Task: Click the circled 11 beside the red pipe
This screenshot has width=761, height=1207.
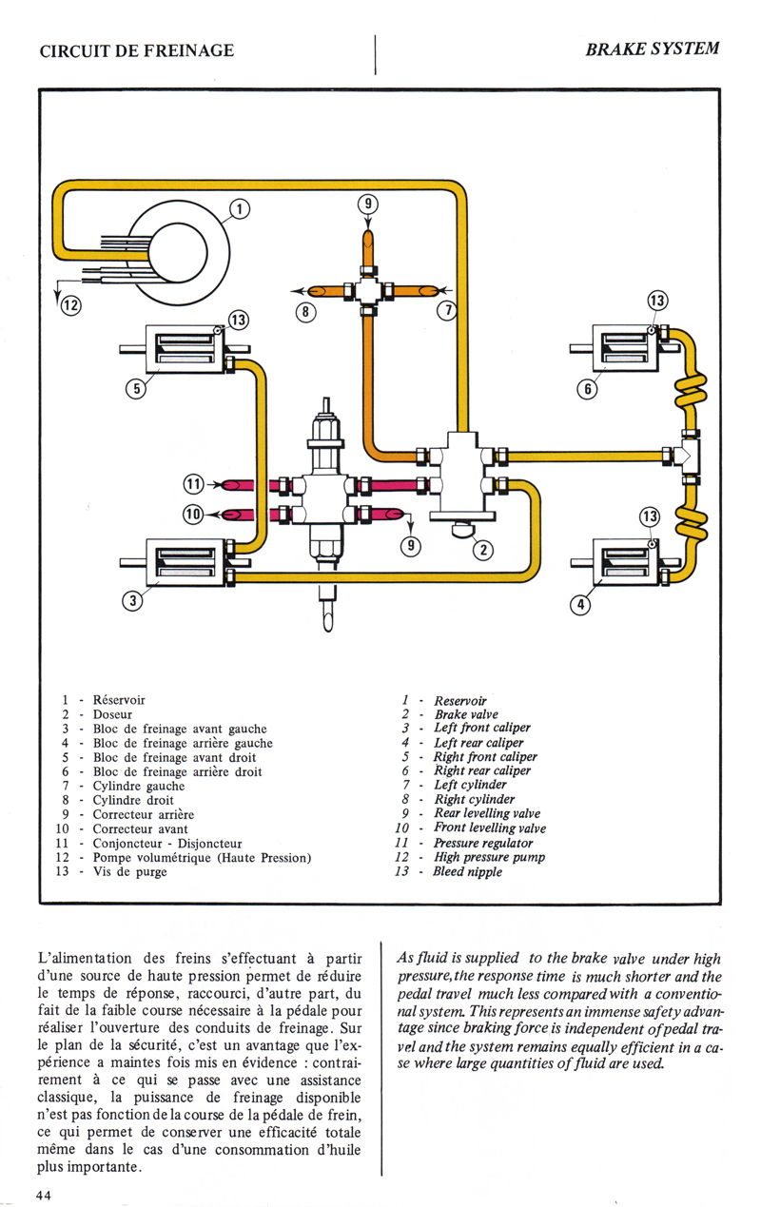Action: point(193,484)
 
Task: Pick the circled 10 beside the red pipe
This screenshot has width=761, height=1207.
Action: point(193,515)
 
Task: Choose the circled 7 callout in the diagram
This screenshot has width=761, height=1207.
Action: point(443,312)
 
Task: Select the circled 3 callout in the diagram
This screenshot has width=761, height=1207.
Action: point(135,599)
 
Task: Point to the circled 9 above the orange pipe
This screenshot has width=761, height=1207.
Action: point(368,204)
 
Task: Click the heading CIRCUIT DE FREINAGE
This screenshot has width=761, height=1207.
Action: point(136,50)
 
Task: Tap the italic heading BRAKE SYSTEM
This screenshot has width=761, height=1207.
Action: point(652,49)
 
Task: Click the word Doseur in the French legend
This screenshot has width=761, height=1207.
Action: point(112,713)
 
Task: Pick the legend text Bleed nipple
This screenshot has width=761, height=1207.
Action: point(468,871)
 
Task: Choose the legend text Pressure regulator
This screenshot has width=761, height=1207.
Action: point(483,843)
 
